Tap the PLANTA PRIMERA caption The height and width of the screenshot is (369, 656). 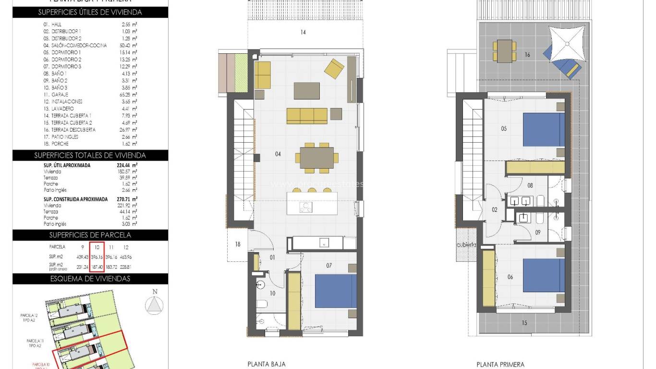coord(500,365)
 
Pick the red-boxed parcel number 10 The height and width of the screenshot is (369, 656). coord(97,247)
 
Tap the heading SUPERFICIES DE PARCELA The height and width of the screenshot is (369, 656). coord(90,235)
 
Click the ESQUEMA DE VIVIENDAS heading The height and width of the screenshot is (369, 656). coord(90,279)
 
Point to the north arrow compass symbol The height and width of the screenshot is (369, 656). coord(154,305)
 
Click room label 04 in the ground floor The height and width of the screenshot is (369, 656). coord(277,154)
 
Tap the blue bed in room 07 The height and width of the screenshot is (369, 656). coord(336,291)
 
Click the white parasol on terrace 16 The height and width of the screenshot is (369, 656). coord(568,43)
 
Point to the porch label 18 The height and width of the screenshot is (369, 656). coord(237,245)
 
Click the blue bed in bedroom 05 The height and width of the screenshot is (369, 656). coord(543,130)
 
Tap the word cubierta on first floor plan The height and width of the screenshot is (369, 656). coord(466,245)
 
